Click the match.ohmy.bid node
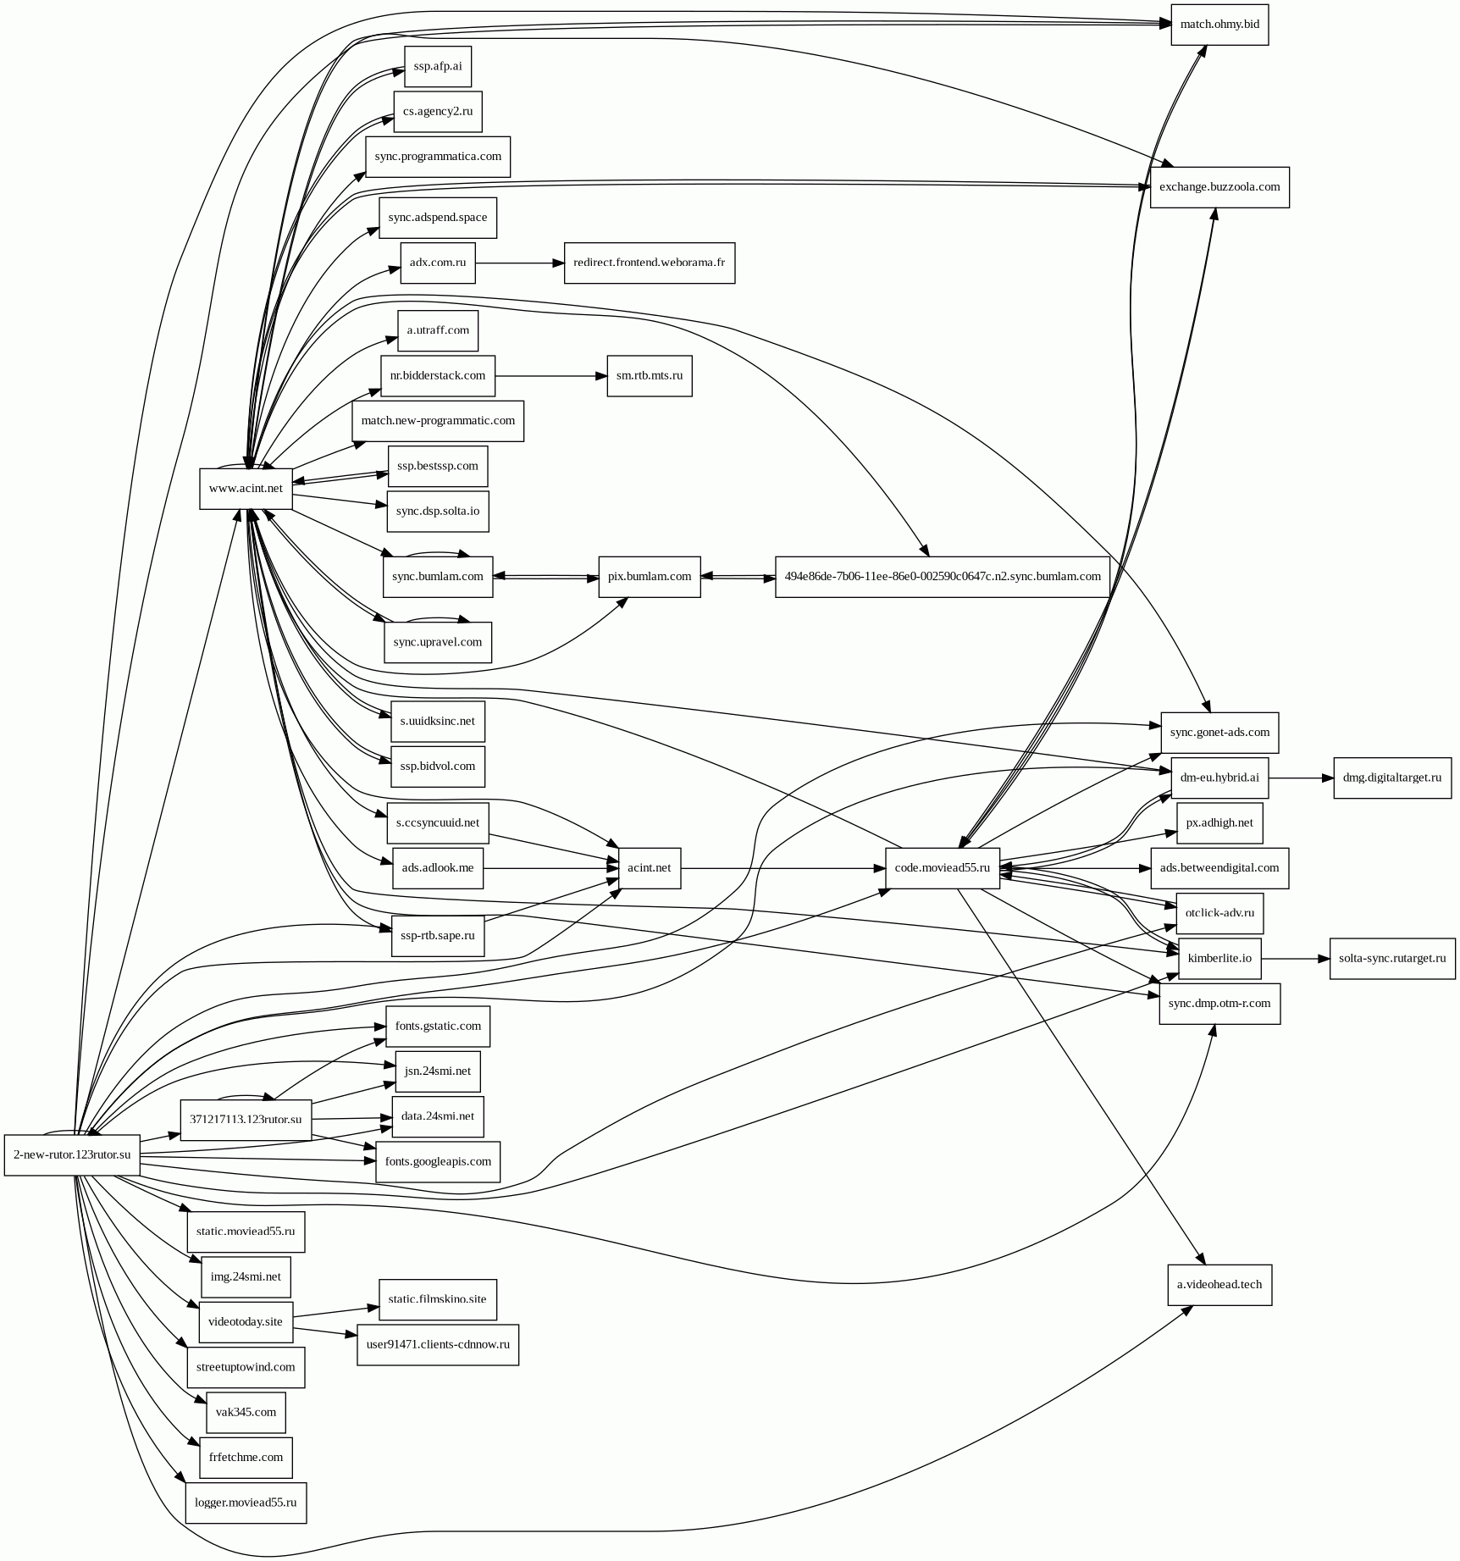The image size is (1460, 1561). (x=1219, y=25)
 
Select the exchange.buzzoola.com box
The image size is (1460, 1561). (x=1219, y=187)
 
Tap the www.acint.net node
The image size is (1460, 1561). (x=246, y=489)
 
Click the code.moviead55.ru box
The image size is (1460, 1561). (x=942, y=868)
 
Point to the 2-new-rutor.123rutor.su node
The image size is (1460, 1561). (x=72, y=1154)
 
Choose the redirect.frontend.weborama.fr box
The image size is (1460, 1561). (x=649, y=263)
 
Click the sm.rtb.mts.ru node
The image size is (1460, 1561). (x=649, y=375)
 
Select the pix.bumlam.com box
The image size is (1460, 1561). (x=649, y=577)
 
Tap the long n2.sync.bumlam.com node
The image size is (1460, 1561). (x=942, y=577)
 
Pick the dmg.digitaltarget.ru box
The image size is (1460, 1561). (x=1391, y=778)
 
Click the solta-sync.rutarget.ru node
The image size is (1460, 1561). (x=1391, y=959)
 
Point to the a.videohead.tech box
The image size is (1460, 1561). (x=1219, y=1284)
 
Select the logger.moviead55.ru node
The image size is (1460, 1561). (x=246, y=1503)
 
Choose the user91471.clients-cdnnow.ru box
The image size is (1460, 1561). (x=438, y=1345)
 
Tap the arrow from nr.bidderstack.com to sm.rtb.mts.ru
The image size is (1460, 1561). (x=550, y=375)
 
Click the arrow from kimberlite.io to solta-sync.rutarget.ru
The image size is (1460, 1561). (x=1296, y=959)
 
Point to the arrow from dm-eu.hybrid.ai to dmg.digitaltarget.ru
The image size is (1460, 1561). (x=1301, y=778)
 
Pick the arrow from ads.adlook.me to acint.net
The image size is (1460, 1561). (x=550, y=868)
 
